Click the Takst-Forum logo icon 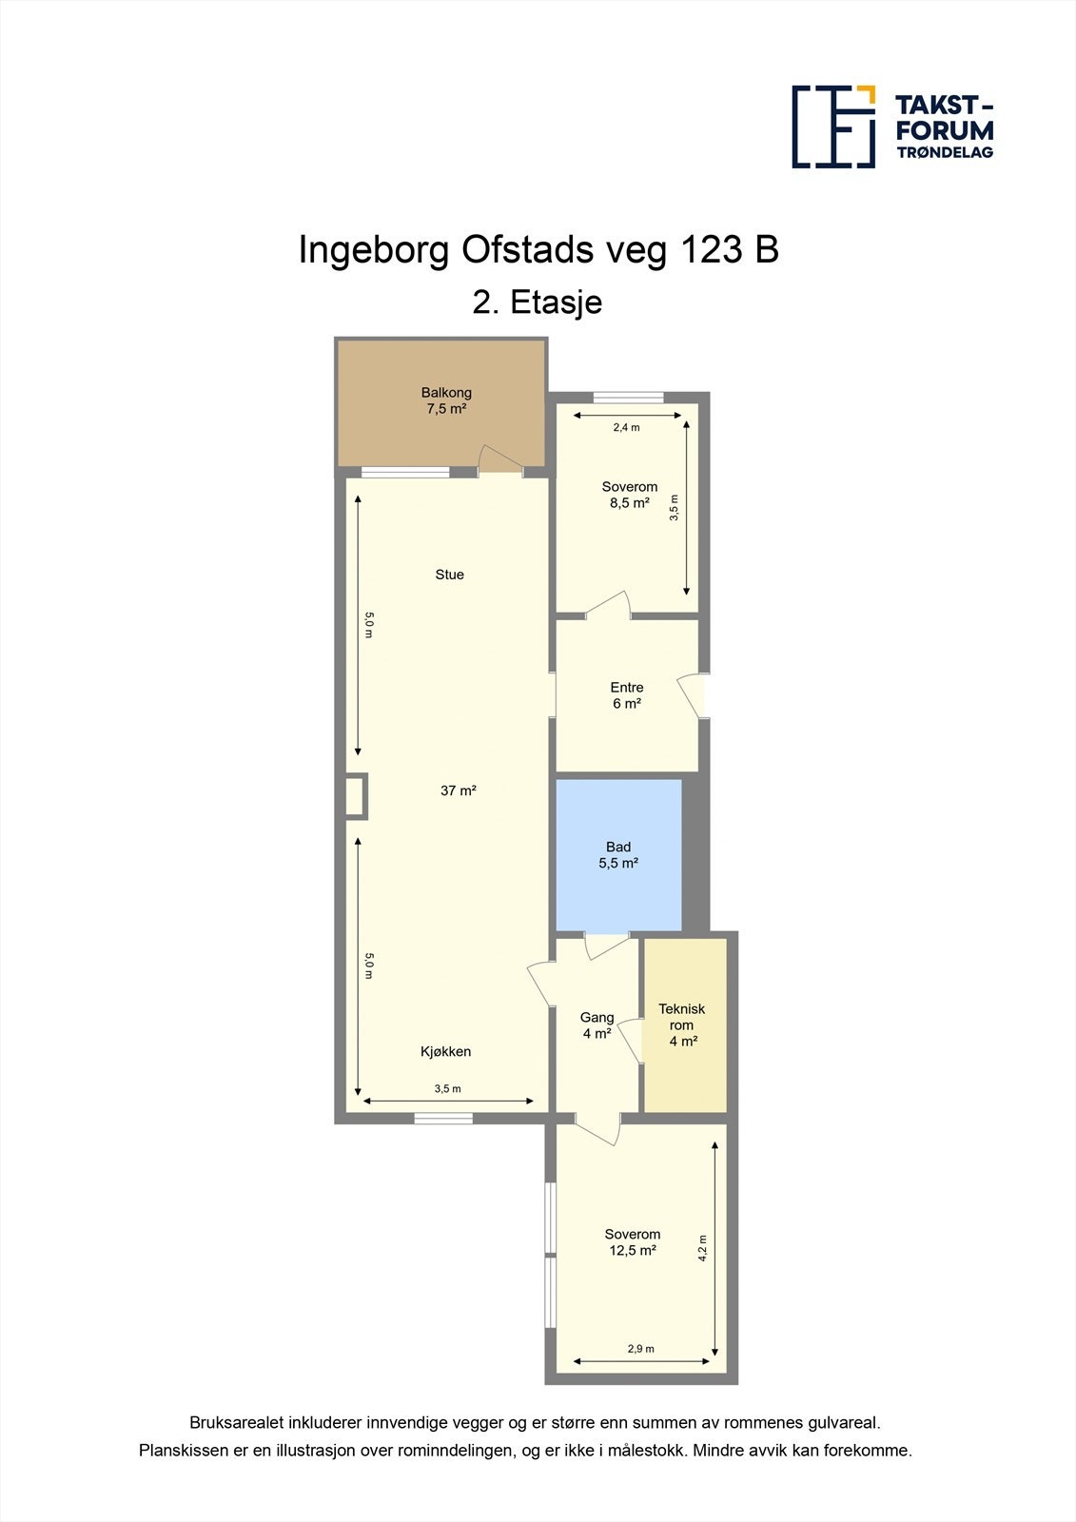pos(833,127)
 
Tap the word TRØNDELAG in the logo pos(945,152)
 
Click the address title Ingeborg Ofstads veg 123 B pos(538,251)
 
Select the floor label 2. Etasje pos(537,302)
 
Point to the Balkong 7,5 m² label pos(446,400)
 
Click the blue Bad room pos(618,855)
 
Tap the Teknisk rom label pos(682,1025)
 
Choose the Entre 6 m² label pos(627,695)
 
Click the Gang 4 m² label pos(597,1025)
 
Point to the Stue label pos(449,575)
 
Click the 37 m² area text pos(459,790)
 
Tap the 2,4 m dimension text pos(626,427)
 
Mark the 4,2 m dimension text pos(703,1248)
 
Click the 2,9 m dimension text pos(640,1349)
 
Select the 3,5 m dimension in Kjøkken pos(447,1088)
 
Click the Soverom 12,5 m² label pos(632,1242)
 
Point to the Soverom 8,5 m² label pos(630,495)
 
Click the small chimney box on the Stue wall pos(356,795)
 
